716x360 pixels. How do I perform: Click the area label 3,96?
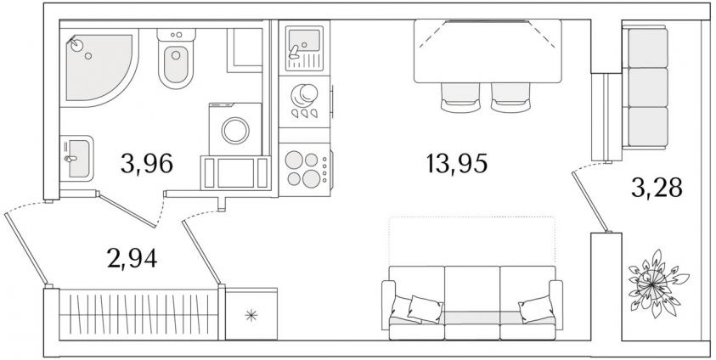tap(147, 163)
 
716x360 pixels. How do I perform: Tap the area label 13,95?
tap(457, 163)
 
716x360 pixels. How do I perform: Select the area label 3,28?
tap(657, 188)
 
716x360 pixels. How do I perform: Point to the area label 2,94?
tap(132, 259)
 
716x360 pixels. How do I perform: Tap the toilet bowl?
tap(176, 65)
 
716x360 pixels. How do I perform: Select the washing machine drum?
tap(235, 131)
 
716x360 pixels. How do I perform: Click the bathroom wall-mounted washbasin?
tap(76, 158)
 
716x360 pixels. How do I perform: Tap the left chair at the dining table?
tap(460, 97)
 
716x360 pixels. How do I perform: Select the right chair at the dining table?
tap(510, 97)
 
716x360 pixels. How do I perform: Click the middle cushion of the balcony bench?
tap(648, 87)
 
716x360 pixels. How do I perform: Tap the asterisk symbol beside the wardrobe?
tap(251, 315)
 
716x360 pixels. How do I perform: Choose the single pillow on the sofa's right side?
tap(536, 309)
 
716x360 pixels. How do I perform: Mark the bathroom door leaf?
tap(126, 210)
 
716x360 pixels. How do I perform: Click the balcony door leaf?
tap(590, 200)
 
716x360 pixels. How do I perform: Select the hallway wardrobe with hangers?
tap(138, 314)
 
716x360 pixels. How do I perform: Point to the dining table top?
tap(488, 51)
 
